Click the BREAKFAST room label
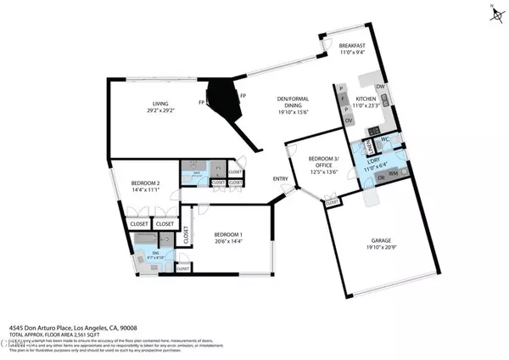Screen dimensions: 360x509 pos(350,46)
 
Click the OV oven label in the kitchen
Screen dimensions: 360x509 pos(349,120)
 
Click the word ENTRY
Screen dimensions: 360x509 pos(280,179)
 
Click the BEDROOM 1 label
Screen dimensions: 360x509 pos(227,234)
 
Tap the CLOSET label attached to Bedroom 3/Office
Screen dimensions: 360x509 pos(333,203)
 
